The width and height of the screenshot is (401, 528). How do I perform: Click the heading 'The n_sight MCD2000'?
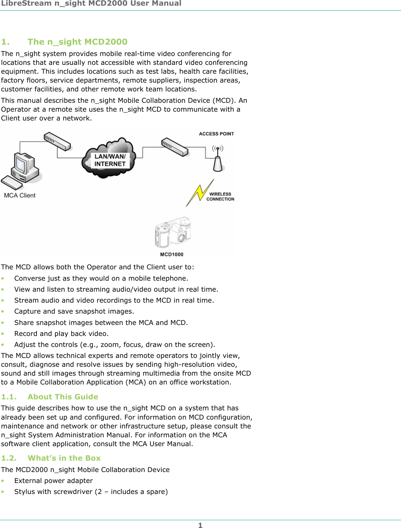click(x=77, y=42)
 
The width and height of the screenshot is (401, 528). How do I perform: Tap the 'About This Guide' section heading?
click(x=63, y=397)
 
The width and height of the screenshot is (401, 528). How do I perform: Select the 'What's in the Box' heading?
click(x=64, y=458)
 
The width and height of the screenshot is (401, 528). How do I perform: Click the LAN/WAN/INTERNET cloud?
click(x=110, y=159)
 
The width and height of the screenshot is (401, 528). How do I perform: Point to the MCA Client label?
click(x=20, y=195)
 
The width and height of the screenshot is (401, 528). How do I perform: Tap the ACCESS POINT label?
click(x=216, y=134)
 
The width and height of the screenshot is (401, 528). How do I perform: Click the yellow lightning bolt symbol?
click(x=200, y=193)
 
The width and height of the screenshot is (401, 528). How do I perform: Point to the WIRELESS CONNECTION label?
click(x=220, y=197)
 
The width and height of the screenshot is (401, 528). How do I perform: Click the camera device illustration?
click(x=173, y=232)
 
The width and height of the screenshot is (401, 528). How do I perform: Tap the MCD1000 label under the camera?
click(x=172, y=254)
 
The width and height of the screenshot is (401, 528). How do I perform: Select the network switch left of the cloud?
click(x=57, y=141)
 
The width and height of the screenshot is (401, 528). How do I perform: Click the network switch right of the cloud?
click(x=174, y=147)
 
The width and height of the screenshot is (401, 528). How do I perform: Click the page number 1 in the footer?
click(x=200, y=525)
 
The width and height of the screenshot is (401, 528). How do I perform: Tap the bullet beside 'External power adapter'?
click(x=3, y=481)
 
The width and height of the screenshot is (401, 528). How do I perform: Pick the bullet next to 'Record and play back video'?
click(x=3, y=334)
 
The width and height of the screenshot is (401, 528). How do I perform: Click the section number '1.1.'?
click(x=9, y=397)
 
